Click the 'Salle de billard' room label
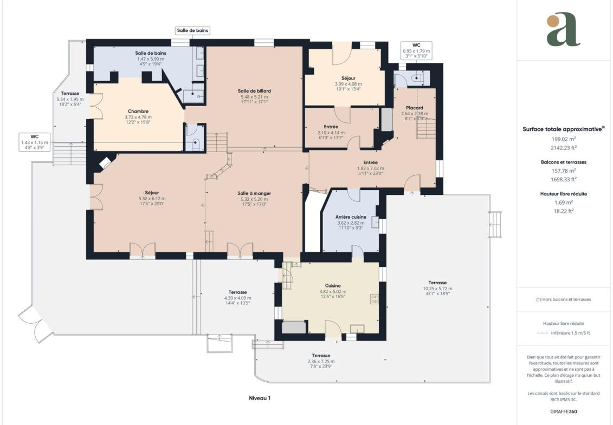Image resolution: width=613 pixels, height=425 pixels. coord(254,91)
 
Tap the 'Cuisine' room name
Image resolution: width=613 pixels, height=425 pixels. coord(333,286)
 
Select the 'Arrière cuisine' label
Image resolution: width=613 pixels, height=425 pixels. coord(351,217)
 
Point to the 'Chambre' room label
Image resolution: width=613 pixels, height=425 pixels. coord(138,112)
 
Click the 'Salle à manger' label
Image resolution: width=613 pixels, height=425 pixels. coord(254,193)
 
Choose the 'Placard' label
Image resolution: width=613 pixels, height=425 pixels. coord(415,108)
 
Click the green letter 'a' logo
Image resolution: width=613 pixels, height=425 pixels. coord(563,29)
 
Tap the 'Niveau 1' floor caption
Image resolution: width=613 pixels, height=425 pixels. coord(260,398)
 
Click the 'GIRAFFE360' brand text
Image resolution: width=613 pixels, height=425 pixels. coord(563,411)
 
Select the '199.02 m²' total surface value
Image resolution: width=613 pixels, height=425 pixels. coord(563,139)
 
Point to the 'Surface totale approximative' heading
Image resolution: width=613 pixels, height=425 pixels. coord(562,129)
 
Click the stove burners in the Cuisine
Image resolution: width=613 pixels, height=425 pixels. coord(375,299)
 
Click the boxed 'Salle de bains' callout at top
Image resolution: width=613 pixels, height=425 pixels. coord(192,30)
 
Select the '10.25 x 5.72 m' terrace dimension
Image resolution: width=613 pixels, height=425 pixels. coord(437,289)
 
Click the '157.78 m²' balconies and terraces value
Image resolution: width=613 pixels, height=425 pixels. coord(563,171)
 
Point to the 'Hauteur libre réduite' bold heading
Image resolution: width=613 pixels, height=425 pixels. coord(563,194)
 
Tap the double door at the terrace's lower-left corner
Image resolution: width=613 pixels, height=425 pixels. coord(36,323)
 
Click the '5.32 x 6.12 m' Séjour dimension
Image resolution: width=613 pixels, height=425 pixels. coord(152,199)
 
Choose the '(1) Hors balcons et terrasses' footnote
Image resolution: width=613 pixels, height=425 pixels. coord(563,299)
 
